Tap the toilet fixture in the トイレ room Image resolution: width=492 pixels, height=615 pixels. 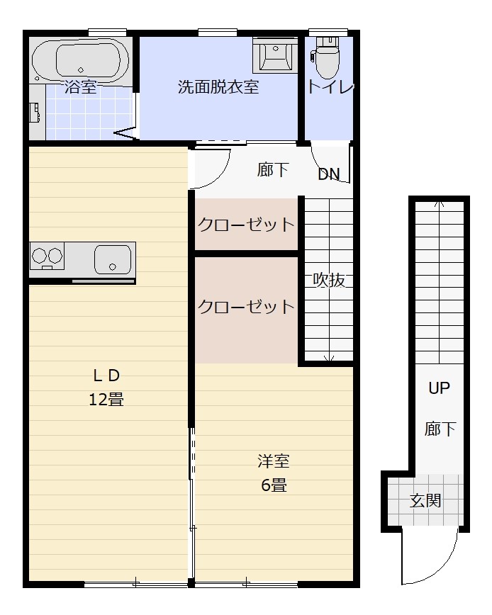(327, 60)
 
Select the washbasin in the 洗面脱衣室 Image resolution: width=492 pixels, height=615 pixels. (274, 55)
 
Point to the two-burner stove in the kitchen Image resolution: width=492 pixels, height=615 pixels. (47, 256)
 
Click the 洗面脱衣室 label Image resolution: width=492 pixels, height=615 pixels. (218, 87)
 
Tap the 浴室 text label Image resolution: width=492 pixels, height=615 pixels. (80, 87)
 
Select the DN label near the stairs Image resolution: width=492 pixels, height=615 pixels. (328, 174)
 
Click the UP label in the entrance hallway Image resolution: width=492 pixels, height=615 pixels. (439, 388)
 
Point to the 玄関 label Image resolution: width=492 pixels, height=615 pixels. (425, 501)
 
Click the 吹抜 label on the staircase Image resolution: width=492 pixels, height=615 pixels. (329, 280)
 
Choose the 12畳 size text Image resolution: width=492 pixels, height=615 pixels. (106, 400)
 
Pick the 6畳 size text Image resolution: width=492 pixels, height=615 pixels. (273, 485)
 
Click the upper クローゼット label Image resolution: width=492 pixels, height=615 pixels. (245, 225)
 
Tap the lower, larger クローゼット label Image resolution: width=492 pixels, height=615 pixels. (245, 307)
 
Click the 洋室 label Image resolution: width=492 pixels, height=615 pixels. (273, 461)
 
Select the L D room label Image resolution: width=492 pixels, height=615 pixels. (106, 376)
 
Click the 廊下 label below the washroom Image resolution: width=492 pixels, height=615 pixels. (273, 170)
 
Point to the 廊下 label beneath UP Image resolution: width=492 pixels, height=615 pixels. (440, 429)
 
